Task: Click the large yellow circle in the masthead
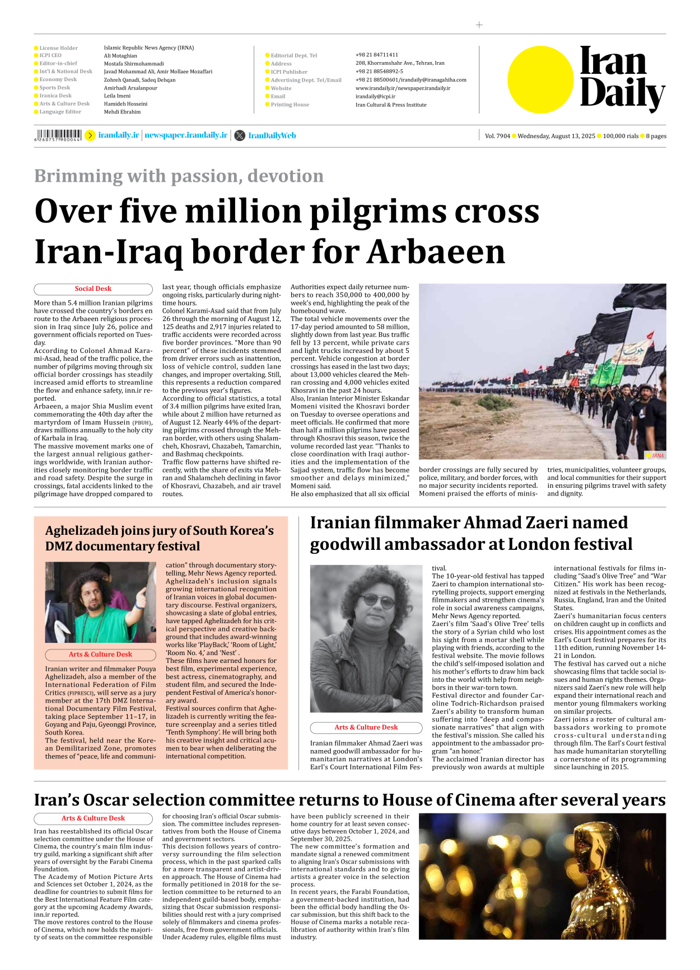coord(540,79)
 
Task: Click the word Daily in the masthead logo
coord(622,93)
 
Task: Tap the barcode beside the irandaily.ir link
coord(58,135)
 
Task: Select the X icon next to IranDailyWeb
coord(240,135)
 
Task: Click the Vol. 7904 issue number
coord(497,136)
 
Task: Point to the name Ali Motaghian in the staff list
coord(120,56)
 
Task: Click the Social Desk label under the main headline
coord(93,289)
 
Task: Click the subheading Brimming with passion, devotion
coord(179,176)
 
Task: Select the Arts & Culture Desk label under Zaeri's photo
coord(366,727)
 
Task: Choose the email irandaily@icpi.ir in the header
coord(375,96)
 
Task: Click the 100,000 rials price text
coord(620,136)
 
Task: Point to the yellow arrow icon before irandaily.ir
coord(90,135)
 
